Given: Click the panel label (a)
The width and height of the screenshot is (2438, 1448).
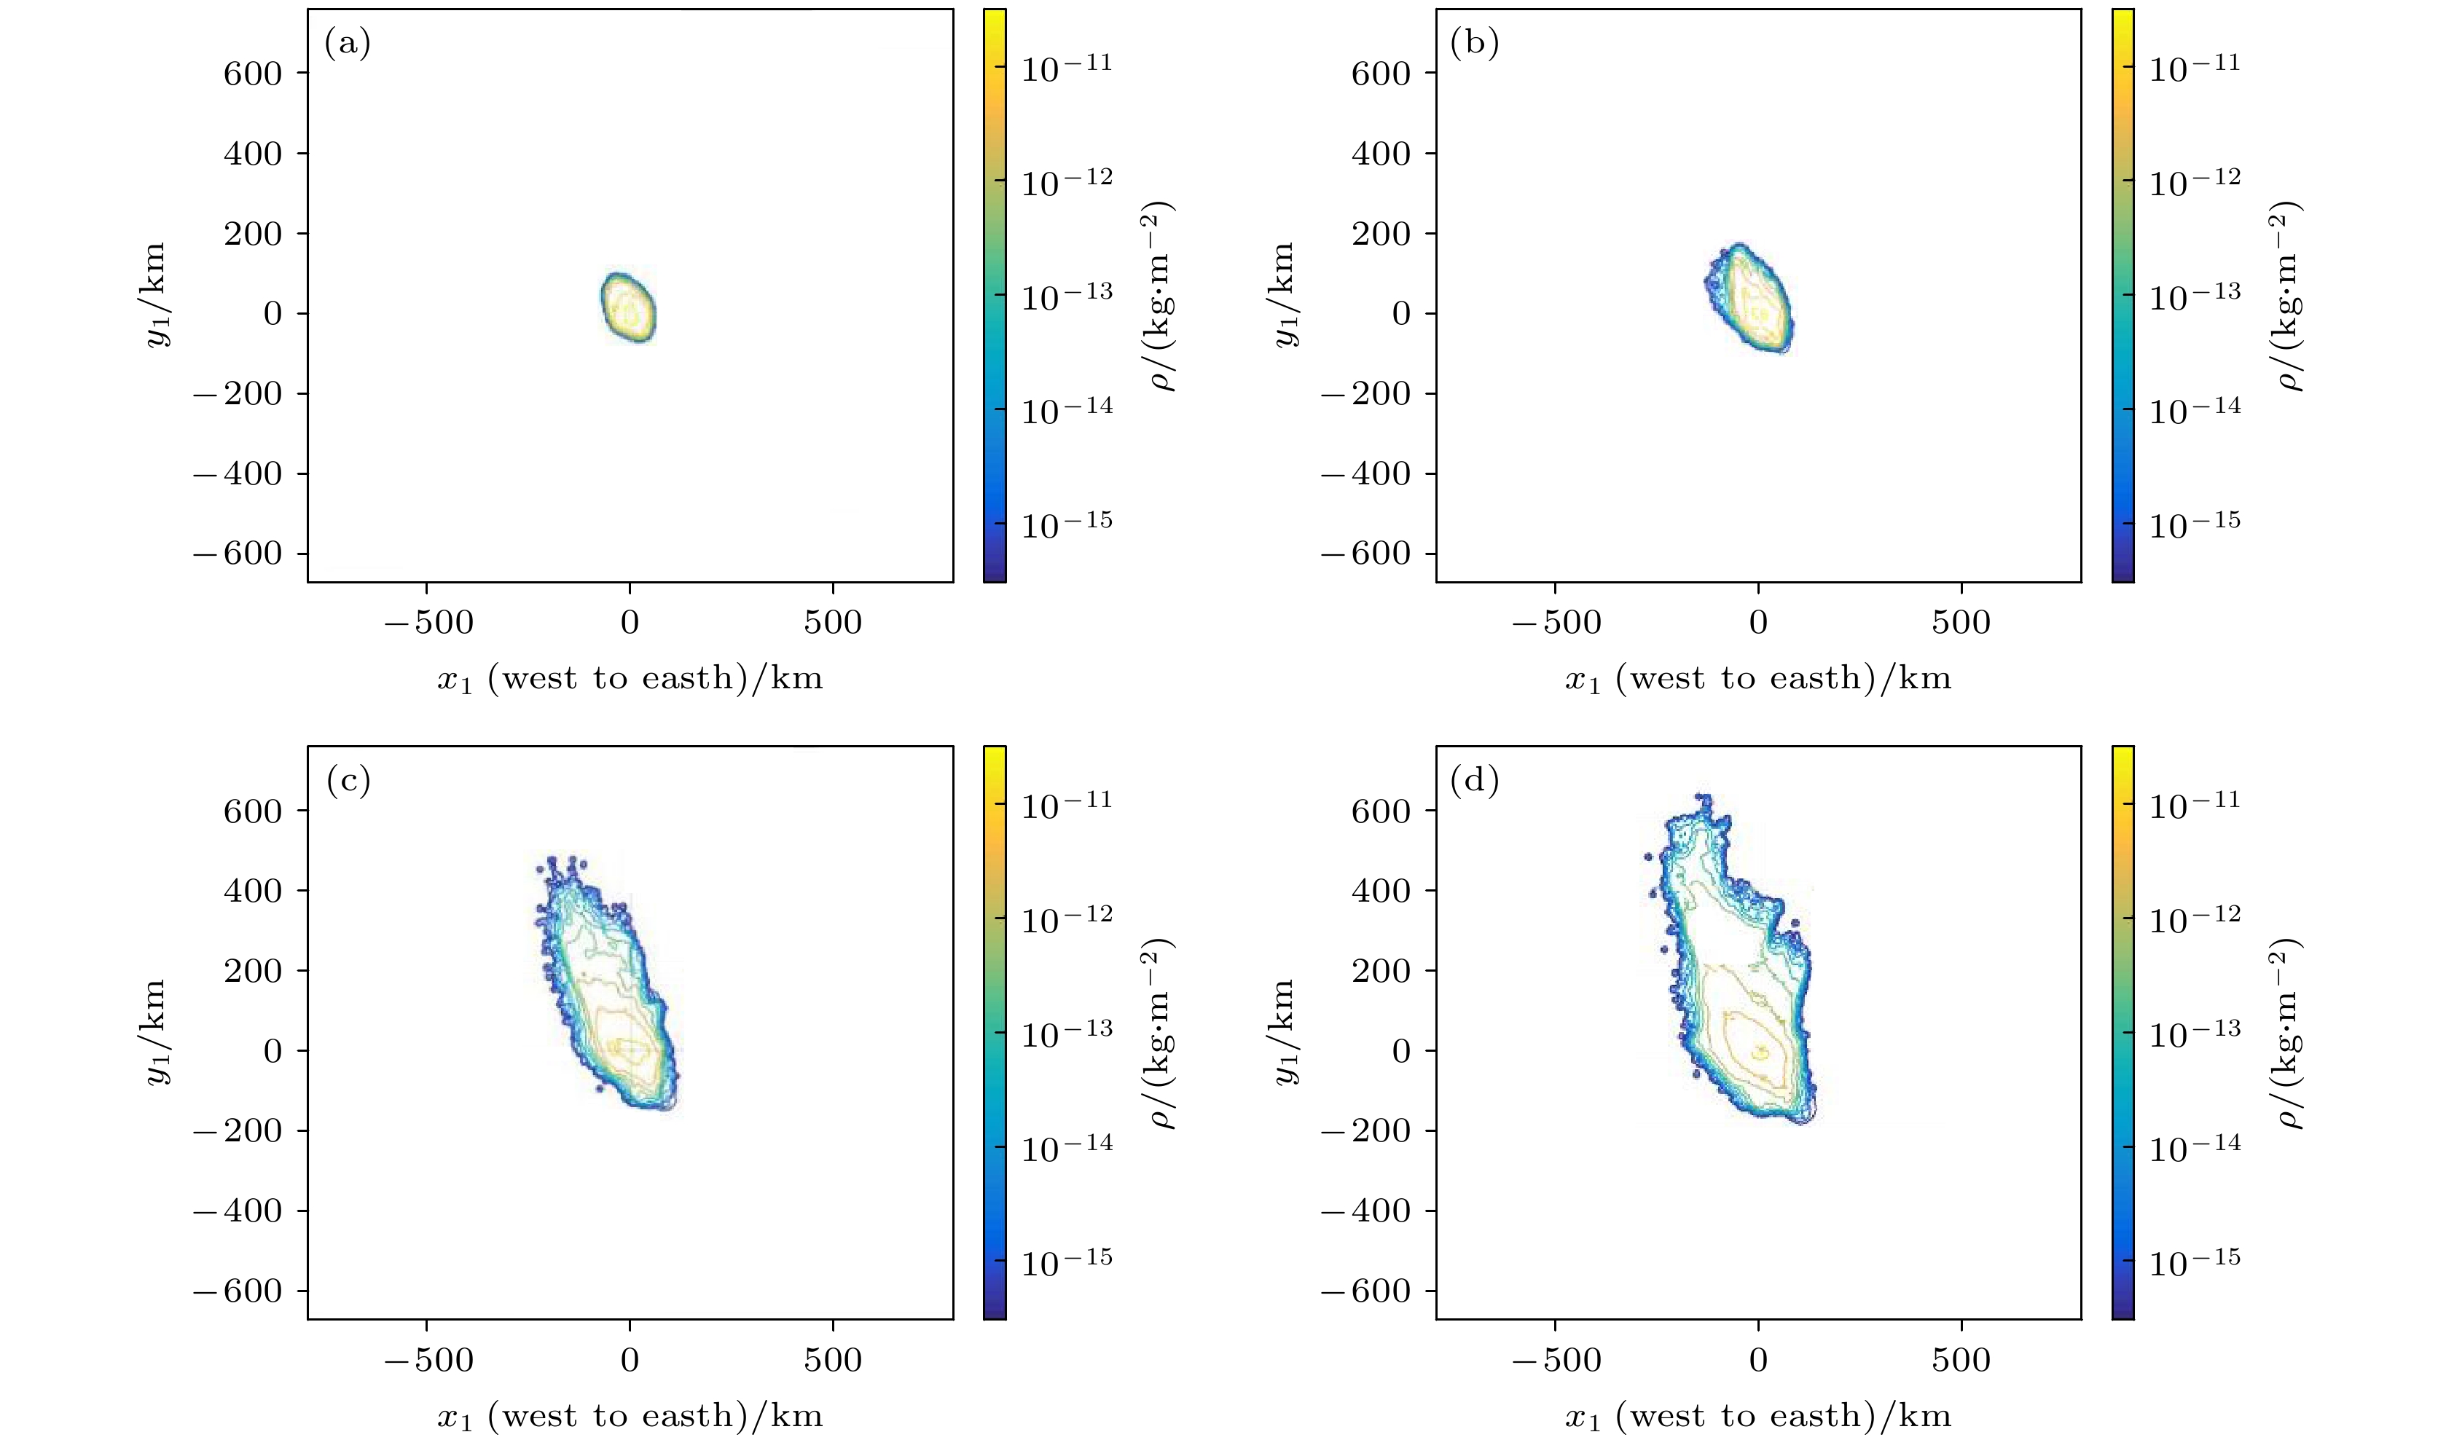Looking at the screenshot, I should tap(348, 44).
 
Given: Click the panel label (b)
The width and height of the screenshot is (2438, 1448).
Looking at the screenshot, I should tap(1475, 44).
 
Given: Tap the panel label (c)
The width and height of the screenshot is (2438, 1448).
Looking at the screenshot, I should tap(348, 781).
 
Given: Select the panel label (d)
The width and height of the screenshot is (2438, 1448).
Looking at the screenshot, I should tap(1475, 781).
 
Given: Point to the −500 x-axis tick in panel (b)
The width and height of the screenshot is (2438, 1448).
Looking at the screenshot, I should tap(1556, 623).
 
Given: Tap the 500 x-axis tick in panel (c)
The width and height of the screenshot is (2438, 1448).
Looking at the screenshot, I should tap(833, 1359).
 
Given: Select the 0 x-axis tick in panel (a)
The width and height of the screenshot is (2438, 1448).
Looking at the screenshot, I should tap(630, 623).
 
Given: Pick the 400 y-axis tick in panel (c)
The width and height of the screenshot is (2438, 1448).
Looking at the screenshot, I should tap(253, 891).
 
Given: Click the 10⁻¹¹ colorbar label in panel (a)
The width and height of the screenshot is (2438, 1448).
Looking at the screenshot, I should tap(1067, 66).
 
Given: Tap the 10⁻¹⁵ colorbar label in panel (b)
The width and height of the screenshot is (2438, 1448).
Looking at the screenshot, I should tap(2194, 524).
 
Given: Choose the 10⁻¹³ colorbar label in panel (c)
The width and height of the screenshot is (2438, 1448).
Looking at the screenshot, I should tap(1067, 1031).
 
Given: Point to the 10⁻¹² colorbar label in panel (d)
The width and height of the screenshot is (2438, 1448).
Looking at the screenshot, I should tap(2194, 917).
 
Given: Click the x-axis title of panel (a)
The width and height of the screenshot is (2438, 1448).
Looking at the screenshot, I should tap(630, 679).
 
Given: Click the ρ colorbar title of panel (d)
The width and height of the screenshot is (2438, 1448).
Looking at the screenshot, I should tap(2289, 1034).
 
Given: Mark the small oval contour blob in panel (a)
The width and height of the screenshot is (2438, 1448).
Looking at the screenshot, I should tap(630, 307).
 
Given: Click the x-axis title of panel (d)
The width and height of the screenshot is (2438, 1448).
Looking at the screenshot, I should tap(1757, 1417).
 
